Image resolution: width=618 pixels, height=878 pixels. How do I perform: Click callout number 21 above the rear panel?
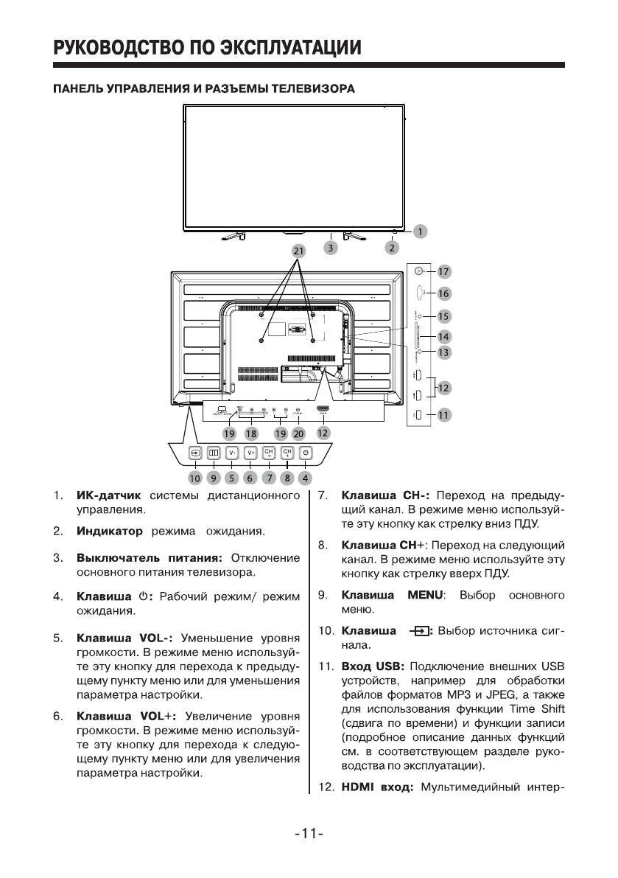click(298, 251)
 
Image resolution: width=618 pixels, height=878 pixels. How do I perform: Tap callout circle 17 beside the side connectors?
click(443, 271)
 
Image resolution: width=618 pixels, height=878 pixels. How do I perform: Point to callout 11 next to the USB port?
click(443, 415)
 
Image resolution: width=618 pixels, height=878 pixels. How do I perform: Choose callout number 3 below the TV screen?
click(331, 248)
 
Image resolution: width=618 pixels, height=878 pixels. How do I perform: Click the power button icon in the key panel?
click(306, 453)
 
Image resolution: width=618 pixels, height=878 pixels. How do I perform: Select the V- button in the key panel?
click(231, 453)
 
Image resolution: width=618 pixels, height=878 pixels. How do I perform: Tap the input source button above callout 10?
click(195, 453)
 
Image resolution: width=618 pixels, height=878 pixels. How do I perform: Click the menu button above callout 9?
click(213, 453)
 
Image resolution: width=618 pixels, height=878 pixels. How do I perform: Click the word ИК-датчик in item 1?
click(108, 495)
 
